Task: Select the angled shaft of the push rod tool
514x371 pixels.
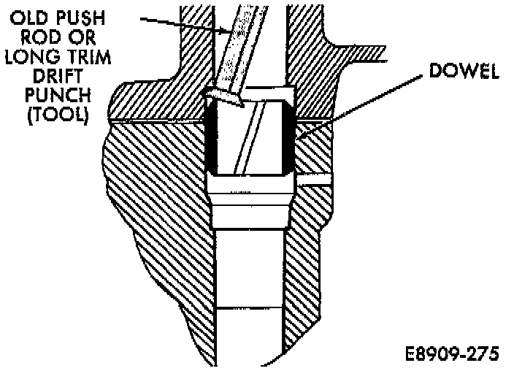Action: click(x=237, y=51)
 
